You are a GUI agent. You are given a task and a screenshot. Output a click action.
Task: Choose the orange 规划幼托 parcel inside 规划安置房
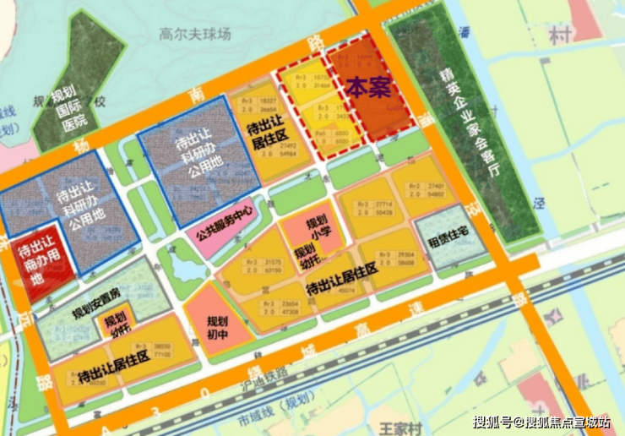(113, 324)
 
